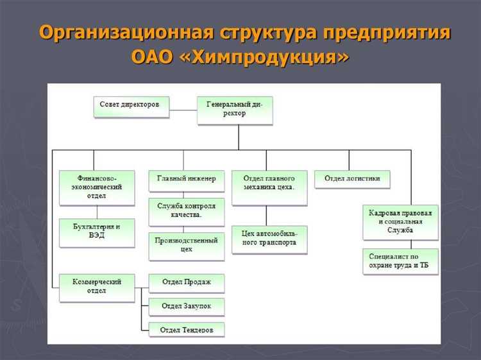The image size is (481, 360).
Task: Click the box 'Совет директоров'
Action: pyautogui.click(x=131, y=107)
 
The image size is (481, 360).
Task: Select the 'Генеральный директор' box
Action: pyautogui.click(x=234, y=109)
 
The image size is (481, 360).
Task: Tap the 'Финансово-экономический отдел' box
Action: pyautogui.click(x=96, y=187)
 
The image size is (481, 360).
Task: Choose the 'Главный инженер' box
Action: pyautogui.click(x=187, y=180)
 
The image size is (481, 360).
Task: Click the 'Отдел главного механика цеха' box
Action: pyautogui.click(x=269, y=187)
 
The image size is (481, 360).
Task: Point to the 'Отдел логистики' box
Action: pyautogui.click(x=352, y=179)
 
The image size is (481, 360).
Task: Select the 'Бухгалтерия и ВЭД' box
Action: pyautogui.click(x=96, y=232)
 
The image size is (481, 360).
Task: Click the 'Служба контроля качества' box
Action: pyautogui.click(x=187, y=212)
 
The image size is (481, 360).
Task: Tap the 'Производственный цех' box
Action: pyautogui.click(x=187, y=246)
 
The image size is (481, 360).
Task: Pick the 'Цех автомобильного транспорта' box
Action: pyautogui.click(x=269, y=239)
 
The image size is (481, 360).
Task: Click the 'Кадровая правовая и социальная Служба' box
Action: pyautogui.click(x=400, y=221)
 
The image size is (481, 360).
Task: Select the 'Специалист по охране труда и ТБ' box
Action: pyautogui.click(x=400, y=261)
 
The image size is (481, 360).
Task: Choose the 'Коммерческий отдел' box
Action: pyautogui.click(x=96, y=287)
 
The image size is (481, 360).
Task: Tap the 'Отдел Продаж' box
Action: pyautogui.click(x=187, y=282)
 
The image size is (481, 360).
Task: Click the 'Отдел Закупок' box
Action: pyautogui.click(x=187, y=306)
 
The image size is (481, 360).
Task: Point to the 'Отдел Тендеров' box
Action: pyautogui.click(x=187, y=330)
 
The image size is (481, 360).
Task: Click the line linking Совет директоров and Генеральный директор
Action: pyautogui.click(x=182, y=110)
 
